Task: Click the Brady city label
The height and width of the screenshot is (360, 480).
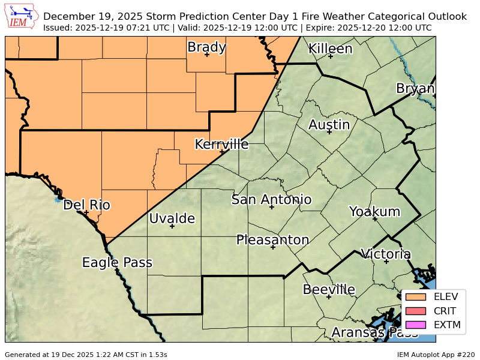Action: (206, 47)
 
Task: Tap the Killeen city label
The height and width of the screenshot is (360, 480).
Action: (330, 49)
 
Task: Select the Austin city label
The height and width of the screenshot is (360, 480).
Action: (329, 125)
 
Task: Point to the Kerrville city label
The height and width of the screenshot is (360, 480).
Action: (221, 144)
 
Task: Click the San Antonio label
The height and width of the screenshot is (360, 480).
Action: (271, 199)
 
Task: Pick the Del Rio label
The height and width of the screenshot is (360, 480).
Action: (86, 205)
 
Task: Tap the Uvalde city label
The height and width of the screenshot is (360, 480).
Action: (172, 218)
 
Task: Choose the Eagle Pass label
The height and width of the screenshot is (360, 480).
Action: (117, 262)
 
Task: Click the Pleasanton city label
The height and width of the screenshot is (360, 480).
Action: (272, 240)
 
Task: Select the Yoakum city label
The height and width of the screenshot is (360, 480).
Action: (374, 211)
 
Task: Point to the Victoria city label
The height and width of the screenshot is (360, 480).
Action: (385, 254)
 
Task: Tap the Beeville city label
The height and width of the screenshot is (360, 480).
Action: (329, 290)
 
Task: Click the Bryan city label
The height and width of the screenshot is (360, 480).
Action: (415, 89)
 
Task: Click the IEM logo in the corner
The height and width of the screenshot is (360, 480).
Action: (21, 16)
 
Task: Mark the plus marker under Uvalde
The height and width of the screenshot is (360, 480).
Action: (172, 226)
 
